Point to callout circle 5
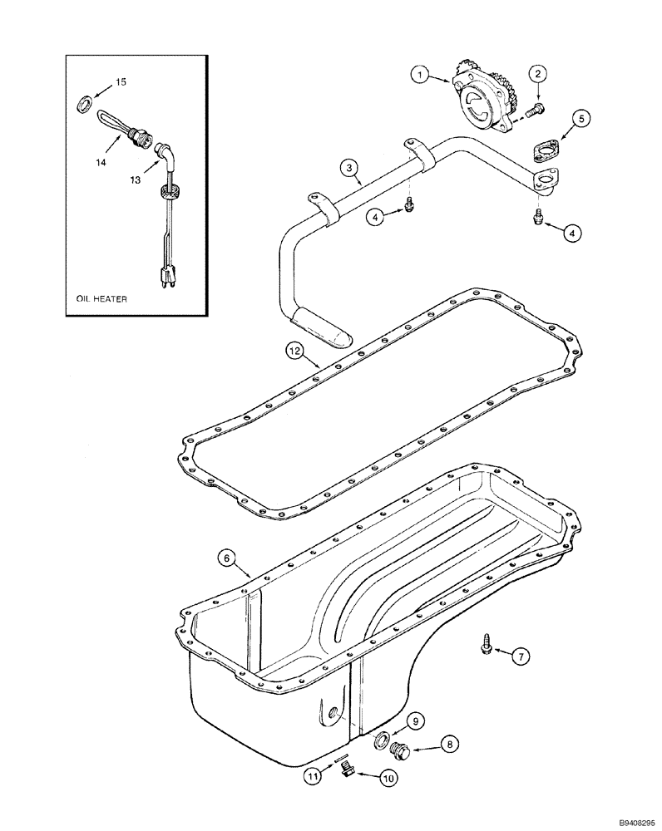tap(582, 119)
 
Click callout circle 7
tap(518, 657)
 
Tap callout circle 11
tap(312, 778)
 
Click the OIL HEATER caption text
tap(98, 299)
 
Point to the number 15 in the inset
tap(121, 82)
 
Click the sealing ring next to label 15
tap(85, 104)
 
